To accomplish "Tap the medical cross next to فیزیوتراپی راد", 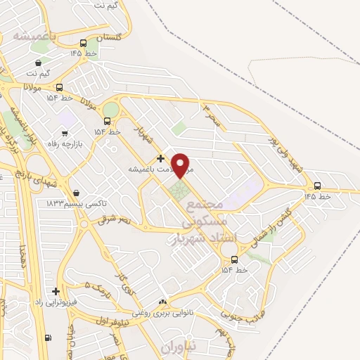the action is pos(56,291).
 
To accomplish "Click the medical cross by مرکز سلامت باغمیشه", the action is pos(160,159).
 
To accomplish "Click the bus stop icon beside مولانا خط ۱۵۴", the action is pos(58,87).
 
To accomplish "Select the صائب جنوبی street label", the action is pos(242,307).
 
